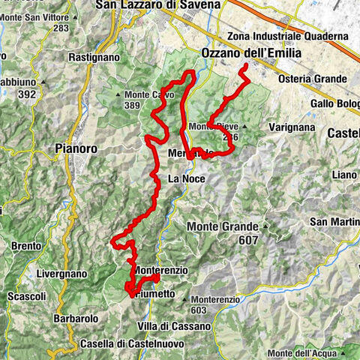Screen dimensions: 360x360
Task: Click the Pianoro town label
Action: (x=76, y=149)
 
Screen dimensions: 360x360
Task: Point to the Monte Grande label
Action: (x=223, y=226)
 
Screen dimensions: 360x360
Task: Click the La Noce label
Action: (x=184, y=179)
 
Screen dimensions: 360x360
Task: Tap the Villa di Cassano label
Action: (x=173, y=327)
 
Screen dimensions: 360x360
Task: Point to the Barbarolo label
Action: (x=76, y=319)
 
